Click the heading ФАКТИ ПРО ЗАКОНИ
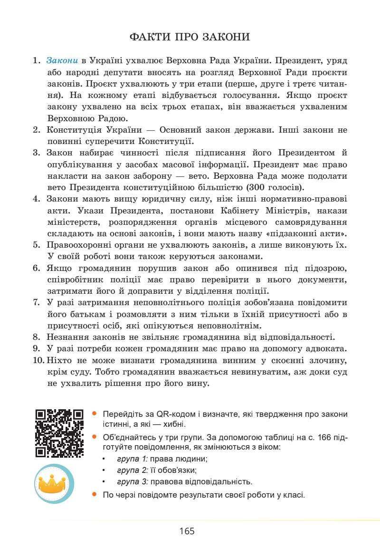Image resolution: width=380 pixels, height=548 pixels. pos(190,37)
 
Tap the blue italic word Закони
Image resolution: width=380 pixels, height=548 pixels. pos(62,61)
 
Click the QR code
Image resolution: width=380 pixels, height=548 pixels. pos(59,433)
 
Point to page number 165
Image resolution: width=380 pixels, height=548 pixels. pos(187,531)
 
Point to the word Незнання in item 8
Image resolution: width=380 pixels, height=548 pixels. pos(66,337)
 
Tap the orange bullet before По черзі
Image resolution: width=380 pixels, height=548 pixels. pos(95,495)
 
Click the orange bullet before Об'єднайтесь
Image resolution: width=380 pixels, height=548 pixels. pos(95,436)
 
